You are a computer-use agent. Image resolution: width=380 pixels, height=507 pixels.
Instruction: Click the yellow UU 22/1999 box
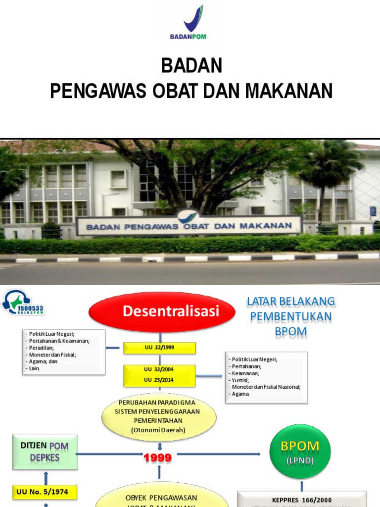pyautogui.click(x=159, y=348)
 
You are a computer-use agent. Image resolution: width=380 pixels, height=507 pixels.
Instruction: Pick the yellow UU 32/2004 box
pyautogui.click(x=159, y=369)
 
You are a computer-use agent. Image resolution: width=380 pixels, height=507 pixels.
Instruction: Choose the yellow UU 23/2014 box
pyautogui.click(x=159, y=380)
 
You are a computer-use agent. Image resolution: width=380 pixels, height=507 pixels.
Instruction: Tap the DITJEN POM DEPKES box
pyautogui.click(x=45, y=452)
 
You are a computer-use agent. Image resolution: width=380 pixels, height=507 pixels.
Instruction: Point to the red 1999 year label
pyautogui.click(x=157, y=458)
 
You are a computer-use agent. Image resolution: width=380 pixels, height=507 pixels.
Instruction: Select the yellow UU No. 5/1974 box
pyautogui.click(x=45, y=492)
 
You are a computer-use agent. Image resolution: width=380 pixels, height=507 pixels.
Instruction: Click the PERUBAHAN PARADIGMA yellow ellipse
pyautogui.click(x=159, y=416)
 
